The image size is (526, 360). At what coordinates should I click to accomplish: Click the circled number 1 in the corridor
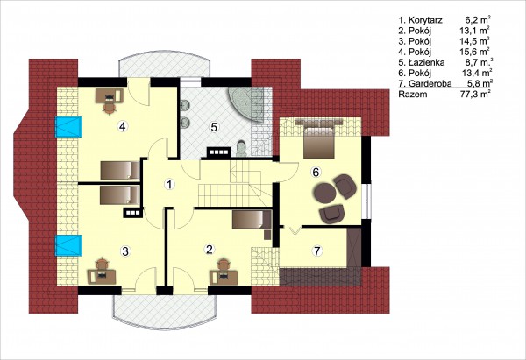pos(170,184)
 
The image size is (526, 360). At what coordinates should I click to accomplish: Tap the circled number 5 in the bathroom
pos(214,127)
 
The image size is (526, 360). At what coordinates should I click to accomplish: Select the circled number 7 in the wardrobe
pos(316,251)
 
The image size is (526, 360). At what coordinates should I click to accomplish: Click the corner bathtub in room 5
pos(246,103)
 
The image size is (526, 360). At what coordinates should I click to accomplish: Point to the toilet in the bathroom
pos(241,149)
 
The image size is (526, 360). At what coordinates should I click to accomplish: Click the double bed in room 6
pos(319,138)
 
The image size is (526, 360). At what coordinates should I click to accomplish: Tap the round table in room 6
pos(324,192)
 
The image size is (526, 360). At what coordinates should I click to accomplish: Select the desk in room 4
pos(110,95)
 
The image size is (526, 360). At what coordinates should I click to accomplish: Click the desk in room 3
pos(102,277)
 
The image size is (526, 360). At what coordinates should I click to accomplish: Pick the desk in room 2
pos(224,277)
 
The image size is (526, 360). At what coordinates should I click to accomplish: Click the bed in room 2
pos(252,220)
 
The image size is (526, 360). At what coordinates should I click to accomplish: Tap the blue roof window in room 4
pos(68,127)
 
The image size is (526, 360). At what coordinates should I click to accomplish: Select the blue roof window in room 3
pos(68,245)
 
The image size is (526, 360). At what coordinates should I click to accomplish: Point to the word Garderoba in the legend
pos(430,83)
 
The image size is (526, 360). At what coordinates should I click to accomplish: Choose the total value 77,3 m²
pos(474,94)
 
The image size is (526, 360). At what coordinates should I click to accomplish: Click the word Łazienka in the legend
pos(427,62)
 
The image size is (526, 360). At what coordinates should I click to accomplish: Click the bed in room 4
pos(120,170)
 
